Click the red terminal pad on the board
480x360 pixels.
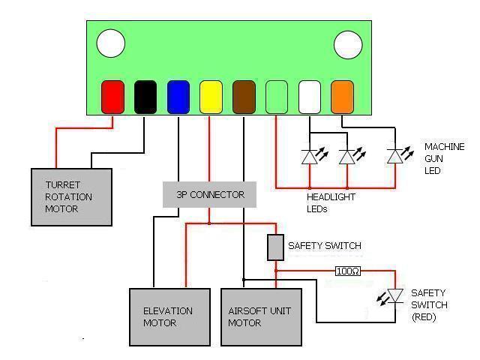(x=112, y=96)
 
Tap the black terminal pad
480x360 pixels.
(x=145, y=96)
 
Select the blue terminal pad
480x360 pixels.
(x=178, y=96)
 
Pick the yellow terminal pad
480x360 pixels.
(x=211, y=96)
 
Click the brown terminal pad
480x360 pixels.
(x=244, y=96)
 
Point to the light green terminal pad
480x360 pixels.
(x=277, y=96)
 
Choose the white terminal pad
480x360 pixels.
(x=310, y=96)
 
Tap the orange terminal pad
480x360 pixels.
(x=342, y=96)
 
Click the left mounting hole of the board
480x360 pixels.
(x=111, y=43)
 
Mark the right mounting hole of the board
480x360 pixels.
(x=348, y=44)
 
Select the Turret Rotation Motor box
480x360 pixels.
(x=71, y=196)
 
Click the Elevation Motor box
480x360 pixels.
(x=169, y=316)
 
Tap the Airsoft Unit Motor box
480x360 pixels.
(x=261, y=316)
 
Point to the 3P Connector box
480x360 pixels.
(x=210, y=195)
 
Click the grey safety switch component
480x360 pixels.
(x=276, y=247)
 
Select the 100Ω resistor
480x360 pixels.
(x=347, y=270)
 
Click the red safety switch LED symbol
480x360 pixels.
(x=394, y=297)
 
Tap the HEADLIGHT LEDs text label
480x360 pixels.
(x=331, y=202)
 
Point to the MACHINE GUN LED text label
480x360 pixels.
(x=444, y=158)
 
